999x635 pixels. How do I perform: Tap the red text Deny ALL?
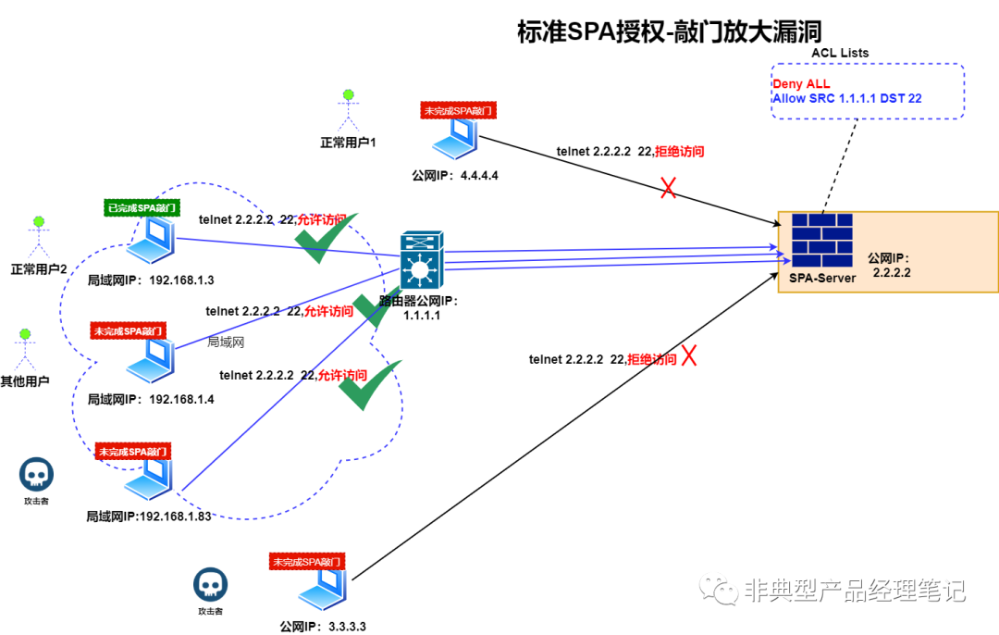[801, 84]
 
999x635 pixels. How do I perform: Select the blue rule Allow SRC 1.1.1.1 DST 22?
[846, 98]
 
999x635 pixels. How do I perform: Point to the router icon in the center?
[423, 260]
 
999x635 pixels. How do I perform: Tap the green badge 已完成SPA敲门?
[141, 207]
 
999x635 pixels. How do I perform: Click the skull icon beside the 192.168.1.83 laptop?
[36, 475]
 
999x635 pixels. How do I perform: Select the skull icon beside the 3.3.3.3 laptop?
[210, 585]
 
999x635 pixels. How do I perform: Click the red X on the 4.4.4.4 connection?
[668, 188]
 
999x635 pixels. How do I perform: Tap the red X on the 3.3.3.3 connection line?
[689, 355]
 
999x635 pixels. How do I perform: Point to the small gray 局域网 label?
[225, 342]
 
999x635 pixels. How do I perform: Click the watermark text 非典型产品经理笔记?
[854, 590]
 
